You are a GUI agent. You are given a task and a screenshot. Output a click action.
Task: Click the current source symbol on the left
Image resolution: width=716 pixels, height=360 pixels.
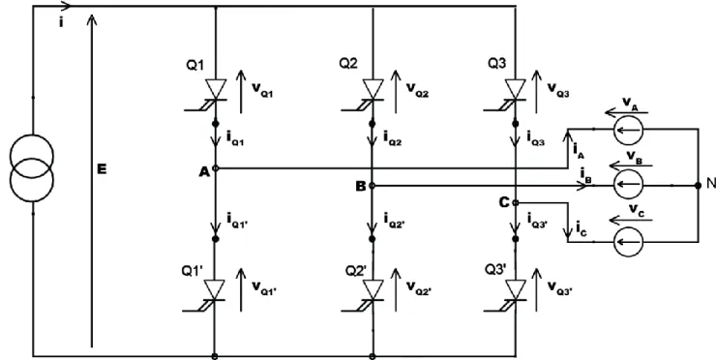(32, 168)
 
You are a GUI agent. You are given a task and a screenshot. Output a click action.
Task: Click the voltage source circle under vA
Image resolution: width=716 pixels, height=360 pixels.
(628, 130)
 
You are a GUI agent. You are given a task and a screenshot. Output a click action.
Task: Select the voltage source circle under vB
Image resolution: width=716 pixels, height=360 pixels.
(628, 185)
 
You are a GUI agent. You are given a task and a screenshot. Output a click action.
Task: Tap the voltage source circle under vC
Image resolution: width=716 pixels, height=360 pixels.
(628, 241)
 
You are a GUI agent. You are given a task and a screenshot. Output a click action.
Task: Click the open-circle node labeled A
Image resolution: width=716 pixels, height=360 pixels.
(216, 168)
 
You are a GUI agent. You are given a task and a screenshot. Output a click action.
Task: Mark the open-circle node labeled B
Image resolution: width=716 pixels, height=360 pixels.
(373, 186)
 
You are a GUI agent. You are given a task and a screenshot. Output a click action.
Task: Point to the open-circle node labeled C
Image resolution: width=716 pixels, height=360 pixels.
(515, 203)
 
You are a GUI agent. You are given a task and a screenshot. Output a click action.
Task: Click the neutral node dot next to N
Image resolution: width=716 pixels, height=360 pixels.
(698, 185)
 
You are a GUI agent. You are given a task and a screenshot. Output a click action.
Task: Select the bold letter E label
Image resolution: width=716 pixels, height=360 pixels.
(102, 169)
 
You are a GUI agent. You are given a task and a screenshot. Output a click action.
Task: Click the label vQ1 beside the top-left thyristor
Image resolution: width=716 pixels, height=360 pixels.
(263, 89)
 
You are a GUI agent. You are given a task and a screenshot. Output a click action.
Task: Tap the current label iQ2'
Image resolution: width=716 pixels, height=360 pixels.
(395, 221)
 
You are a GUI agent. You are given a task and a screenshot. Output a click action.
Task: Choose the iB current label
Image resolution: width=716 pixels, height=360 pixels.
(586, 175)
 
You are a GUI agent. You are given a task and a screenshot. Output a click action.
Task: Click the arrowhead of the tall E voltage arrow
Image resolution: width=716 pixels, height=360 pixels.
(92, 20)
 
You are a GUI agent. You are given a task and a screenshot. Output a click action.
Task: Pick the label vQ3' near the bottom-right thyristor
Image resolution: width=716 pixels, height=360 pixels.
(560, 287)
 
